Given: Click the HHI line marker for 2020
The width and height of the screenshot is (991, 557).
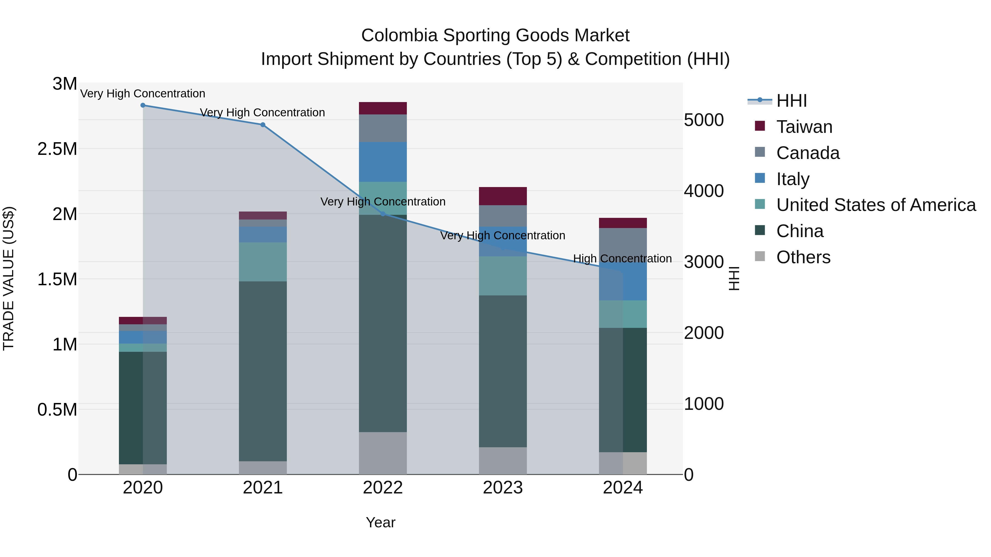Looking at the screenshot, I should point(143,105).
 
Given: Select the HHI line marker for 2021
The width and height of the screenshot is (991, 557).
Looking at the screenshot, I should point(263,125).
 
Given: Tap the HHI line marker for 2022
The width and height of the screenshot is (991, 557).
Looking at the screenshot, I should point(383,214).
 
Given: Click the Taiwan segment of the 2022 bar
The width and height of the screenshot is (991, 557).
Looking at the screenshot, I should point(383,108).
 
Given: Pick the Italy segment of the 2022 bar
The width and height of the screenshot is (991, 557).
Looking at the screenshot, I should point(383,162).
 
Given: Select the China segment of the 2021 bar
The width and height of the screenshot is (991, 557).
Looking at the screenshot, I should point(263,371).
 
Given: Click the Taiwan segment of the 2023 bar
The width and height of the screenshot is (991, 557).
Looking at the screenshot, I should point(503,196).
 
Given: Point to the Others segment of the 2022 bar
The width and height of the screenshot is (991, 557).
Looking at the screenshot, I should point(383,453).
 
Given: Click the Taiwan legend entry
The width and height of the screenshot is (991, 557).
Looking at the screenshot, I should point(804,127).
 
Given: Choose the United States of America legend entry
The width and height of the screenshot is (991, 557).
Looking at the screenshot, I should point(876,205).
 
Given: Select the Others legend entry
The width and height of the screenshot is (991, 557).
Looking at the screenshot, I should point(803,257).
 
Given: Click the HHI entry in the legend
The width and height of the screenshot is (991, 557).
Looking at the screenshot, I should point(791,101).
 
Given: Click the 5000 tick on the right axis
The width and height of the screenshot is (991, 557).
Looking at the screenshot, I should point(704,120).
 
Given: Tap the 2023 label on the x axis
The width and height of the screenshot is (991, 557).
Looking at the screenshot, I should point(503,488).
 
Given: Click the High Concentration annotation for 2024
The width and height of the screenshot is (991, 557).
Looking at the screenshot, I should point(622,259).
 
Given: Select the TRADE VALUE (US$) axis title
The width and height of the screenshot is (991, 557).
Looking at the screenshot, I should point(9,278).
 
